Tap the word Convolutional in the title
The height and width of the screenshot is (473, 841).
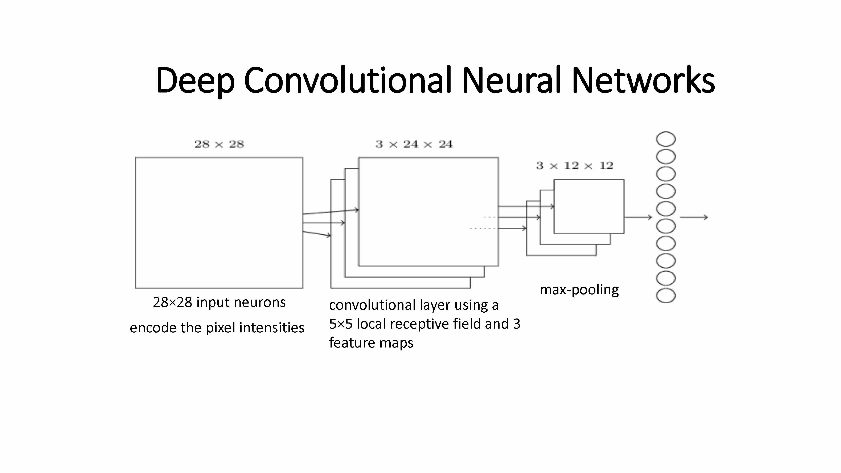[x=348, y=80]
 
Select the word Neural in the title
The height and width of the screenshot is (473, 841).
[x=511, y=80]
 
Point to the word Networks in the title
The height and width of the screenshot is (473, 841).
[x=643, y=80]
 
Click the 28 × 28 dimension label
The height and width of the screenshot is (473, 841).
[x=219, y=144]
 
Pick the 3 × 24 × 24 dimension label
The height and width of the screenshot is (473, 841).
[x=414, y=144]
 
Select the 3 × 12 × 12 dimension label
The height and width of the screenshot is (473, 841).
[x=575, y=166]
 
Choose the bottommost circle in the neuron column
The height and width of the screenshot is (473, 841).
[x=666, y=296]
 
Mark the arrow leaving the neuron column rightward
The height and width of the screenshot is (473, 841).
[x=694, y=217]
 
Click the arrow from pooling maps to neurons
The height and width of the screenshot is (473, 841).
[x=638, y=217]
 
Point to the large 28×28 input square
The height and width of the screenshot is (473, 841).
[x=219, y=223]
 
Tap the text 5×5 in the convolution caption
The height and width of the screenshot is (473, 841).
[x=341, y=324]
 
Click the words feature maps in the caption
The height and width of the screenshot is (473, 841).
[x=371, y=343]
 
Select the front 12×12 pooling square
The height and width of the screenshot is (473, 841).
[x=589, y=206]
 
